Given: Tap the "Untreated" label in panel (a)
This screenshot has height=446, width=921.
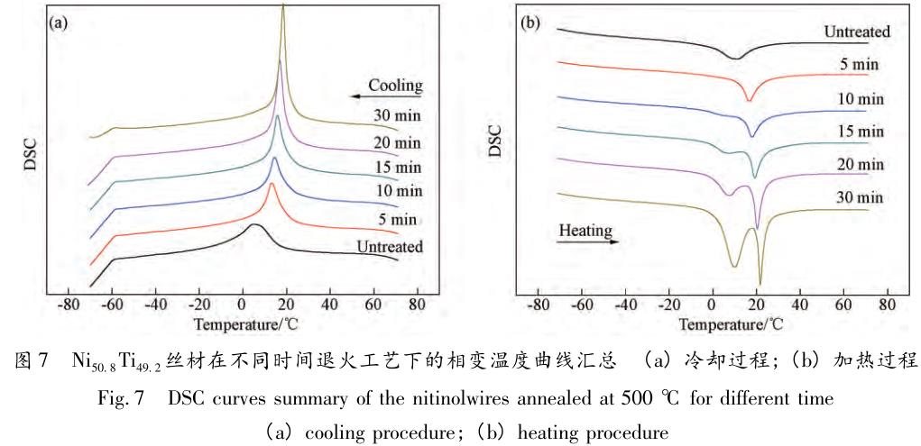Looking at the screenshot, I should (x=390, y=246).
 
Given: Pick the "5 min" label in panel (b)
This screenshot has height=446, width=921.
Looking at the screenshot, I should (x=858, y=65).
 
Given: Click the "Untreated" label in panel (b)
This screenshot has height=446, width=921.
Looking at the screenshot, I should (x=857, y=32).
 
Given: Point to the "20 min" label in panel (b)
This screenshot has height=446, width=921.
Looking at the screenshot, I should (x=858, y=164).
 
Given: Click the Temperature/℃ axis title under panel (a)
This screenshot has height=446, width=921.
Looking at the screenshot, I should (x=243, y=322).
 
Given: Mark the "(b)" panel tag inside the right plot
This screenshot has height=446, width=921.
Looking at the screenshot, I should (x=532, y=19).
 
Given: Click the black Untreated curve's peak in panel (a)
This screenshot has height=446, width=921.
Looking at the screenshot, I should (x=255, y=224).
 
